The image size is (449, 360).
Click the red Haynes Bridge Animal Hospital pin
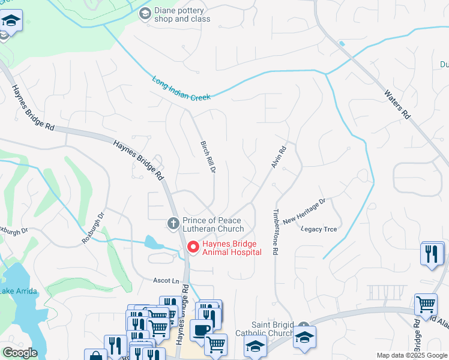coord(193,247)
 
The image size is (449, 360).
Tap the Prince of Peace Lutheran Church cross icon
coord(173,223)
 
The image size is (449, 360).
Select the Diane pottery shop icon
coord(145,13)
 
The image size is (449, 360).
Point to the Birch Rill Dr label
coord(208,154)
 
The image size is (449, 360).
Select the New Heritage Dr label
coord(304,211)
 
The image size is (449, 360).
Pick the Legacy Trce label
coord(319,229)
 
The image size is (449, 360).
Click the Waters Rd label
coord(398,104)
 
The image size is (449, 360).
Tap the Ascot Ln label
coord(167,281)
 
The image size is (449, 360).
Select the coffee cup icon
coord(201,330)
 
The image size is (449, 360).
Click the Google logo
coord(20,353)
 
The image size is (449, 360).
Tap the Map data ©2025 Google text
coord(411,355)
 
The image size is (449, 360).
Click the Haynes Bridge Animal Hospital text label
coord(232,248)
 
